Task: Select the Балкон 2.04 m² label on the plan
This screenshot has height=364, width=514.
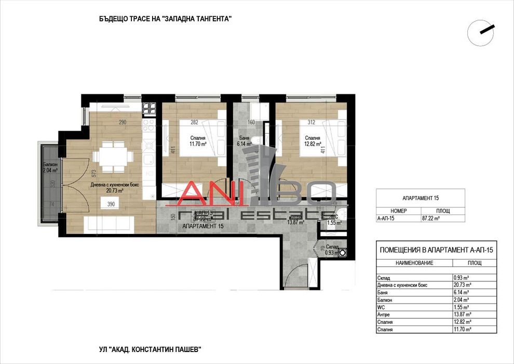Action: [x=50, y=167]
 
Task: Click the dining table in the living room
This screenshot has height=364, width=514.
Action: [x=110, y=157]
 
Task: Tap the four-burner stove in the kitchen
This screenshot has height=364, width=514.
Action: [x=150, y=108]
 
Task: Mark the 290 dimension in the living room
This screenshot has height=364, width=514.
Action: [x=123, y=123]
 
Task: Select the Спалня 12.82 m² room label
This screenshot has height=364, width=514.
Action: [x=310, y=141]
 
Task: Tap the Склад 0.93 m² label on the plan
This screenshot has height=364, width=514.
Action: [x=331, y=250]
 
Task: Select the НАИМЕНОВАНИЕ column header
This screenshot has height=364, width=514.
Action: [x=414, y=263]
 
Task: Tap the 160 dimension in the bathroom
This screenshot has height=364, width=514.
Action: [x=251, y=123]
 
